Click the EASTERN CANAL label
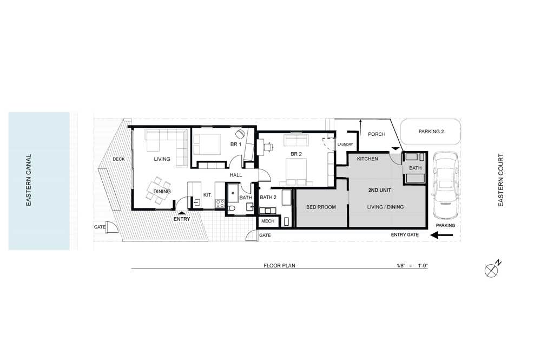[x=29, y=180]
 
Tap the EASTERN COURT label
[x=500, y=180]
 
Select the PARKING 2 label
[x=431, y=132]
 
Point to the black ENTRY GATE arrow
[x=441, y=235]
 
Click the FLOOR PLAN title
[x=280, y=266]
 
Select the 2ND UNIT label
[x=379, y=190]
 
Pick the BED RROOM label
[x=321, y=207]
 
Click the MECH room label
[x=268, y=221]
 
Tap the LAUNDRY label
[x=345, y=145]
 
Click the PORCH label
[x=377, y=134]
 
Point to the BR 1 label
[x=236, y=145]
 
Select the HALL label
[x=236, y=175]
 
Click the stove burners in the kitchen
[x=220, y=204]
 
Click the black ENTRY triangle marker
[x=181, y=213]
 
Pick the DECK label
[x=118, y=159]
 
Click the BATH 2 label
[x=268, y=198]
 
